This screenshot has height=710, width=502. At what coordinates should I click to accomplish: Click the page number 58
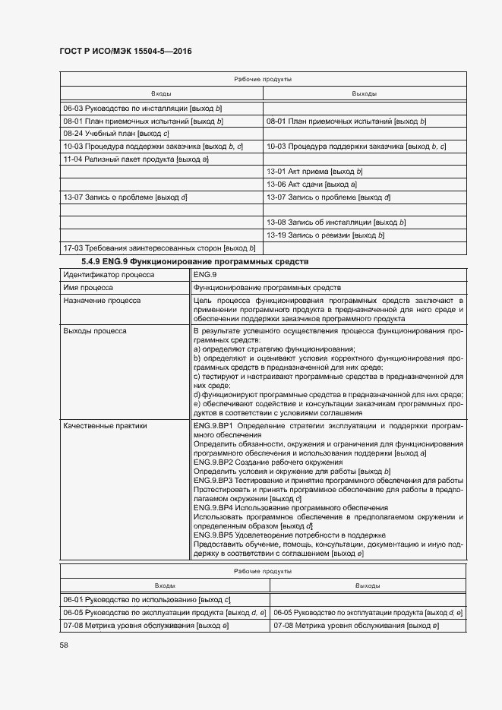point(65,645)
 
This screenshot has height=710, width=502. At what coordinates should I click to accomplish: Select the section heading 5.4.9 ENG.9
point(184,262)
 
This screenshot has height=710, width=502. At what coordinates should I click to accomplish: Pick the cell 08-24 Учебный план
point(106,133)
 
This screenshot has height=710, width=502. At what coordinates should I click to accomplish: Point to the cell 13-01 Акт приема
point(314,172)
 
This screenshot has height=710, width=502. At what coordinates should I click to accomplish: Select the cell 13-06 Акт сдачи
point(311,184)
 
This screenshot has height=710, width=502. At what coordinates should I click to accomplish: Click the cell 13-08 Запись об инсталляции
point(336,222)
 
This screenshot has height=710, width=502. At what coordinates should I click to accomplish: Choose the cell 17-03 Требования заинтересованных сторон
point(159,248)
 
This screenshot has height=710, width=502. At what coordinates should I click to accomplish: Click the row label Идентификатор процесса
point(109,275)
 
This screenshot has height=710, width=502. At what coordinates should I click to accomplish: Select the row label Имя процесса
point(88,288)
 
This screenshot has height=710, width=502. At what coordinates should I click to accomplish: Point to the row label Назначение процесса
point(102,301)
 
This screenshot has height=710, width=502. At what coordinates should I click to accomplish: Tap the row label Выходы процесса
point(95,331)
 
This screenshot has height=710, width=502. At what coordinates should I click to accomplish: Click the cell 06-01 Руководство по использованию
point(147,599)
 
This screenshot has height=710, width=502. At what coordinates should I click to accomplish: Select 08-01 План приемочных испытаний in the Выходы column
point(346,121)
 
